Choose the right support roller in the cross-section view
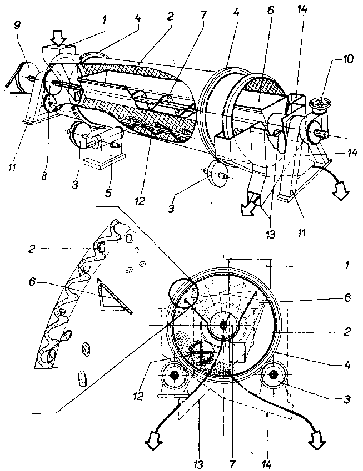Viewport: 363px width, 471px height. click(274, 376)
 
